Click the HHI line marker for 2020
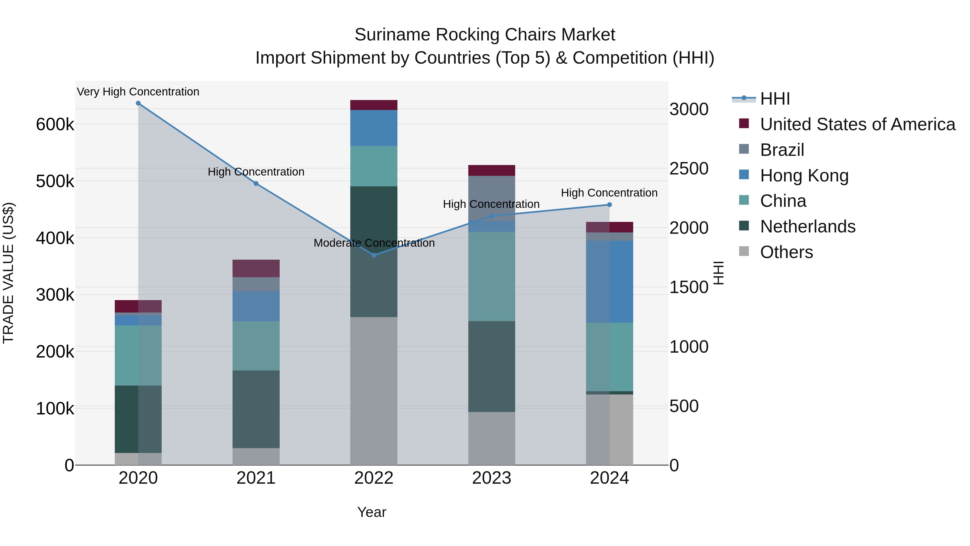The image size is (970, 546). point(138,103)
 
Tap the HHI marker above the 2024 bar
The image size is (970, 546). point(610,205)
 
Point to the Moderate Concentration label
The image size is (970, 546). point(374,243)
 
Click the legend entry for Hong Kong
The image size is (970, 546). point(804,176)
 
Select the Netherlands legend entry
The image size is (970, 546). point(807,226)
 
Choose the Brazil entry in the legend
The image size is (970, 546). point(782,150)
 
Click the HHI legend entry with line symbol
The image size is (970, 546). point(775,99)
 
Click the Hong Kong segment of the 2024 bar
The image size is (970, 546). point(610,281)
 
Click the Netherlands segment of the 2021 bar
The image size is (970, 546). point(256,409)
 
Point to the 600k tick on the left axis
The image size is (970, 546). point(55,124)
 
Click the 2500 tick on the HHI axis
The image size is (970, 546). point(689,169)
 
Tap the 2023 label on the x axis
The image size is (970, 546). point(492,478)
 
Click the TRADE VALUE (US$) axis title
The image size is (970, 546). point(8,273)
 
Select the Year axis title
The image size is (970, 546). point(372,512)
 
